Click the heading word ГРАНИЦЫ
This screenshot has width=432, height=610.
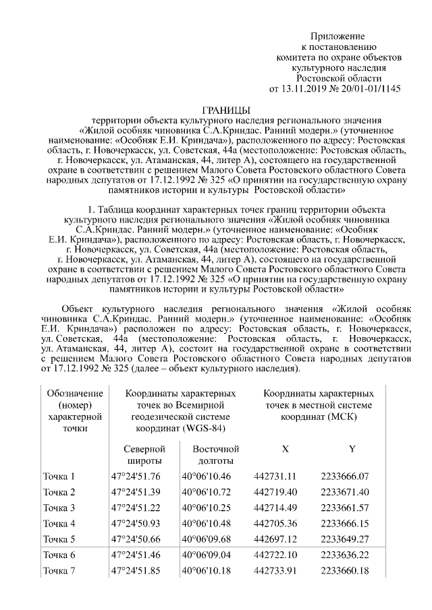(226, 110)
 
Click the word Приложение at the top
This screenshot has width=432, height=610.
(337, 36)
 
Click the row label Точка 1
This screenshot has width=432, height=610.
(59, 477)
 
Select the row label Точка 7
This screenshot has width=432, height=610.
(59, 572)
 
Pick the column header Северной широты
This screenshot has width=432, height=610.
(142, 455)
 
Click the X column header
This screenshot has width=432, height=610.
(285, 449)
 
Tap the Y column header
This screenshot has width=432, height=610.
(352, 449)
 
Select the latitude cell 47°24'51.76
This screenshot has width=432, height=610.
(136, 477)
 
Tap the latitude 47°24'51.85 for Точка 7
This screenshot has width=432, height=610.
(136, 572)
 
